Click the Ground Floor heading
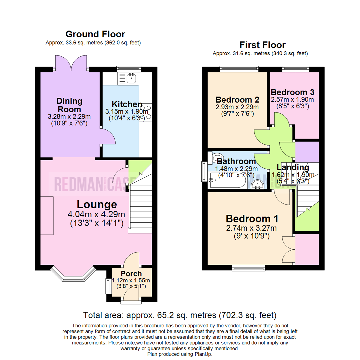pos(95,34)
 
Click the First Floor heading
pos(262,45)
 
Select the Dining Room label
pos(69,105)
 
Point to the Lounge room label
pos(97,204)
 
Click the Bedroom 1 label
pos(252,219)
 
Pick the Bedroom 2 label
pos(237,99)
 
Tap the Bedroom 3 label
pos(292,92)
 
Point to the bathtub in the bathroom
pos(227,181)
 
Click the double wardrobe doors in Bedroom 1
pos(288,250)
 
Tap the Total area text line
pos(180,315)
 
